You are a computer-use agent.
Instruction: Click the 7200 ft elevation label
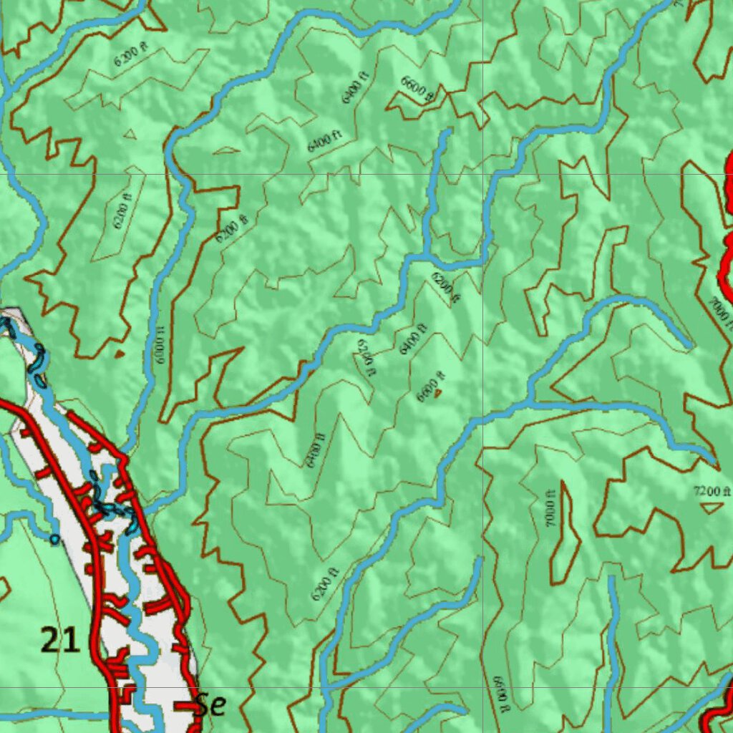712,491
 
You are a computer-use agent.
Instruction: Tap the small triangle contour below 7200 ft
711,508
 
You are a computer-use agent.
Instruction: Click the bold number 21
59,639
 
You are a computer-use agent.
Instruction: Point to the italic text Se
210,704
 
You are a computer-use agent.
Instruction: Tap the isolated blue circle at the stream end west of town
55,538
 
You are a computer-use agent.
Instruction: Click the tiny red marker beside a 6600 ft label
438,392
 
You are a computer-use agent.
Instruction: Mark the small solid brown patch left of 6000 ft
119,353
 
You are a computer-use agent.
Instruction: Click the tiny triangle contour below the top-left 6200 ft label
130,133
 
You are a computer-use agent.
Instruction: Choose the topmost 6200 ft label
131,54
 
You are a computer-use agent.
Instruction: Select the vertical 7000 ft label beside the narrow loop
550,510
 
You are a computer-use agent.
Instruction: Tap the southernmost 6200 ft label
325,584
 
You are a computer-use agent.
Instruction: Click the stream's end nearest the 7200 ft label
713,459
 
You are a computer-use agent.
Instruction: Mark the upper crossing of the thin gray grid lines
482,174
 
